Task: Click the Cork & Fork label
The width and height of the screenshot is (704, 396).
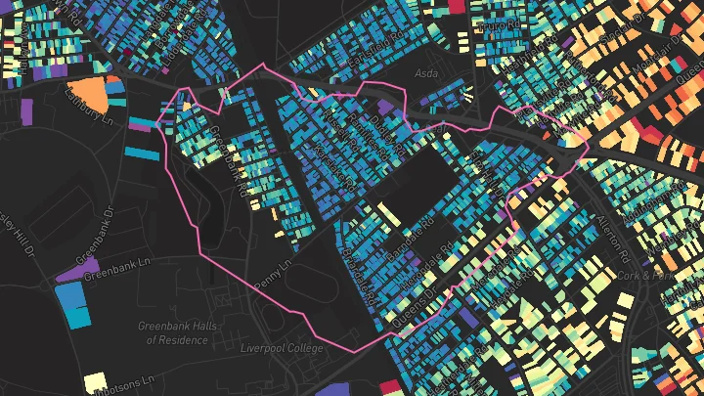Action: coord(645,277)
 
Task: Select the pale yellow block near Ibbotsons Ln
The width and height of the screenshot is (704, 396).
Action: coord(95,380)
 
